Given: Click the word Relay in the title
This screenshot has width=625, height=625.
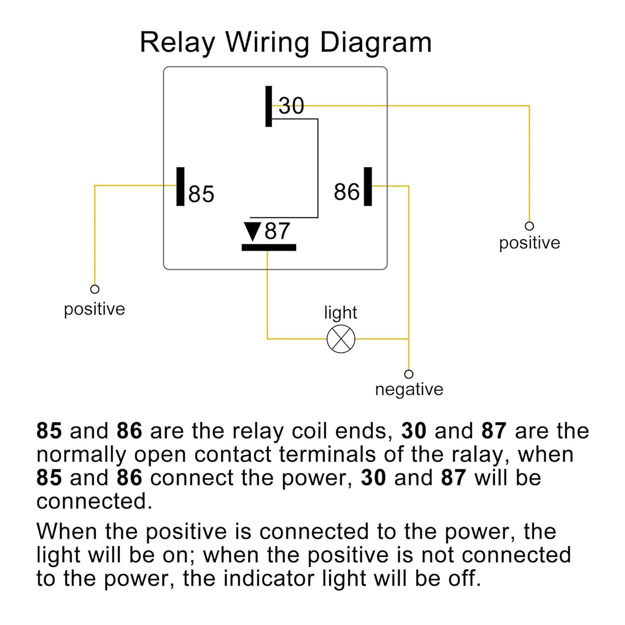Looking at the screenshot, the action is [178, 43].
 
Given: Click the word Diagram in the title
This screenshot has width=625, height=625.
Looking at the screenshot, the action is [376, 43].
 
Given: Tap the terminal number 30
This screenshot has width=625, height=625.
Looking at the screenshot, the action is [291, 106].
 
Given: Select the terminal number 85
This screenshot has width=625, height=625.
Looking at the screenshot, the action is [201, 194].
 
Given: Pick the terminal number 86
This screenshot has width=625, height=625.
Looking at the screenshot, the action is [346, 192].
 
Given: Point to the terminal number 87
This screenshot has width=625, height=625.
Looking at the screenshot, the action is [277, 231].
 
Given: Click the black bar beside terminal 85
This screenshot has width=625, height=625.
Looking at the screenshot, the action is [180, 186].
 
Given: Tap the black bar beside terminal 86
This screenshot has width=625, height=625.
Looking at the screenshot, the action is [368, 186].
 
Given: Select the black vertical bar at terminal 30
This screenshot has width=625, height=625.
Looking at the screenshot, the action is [269, 106].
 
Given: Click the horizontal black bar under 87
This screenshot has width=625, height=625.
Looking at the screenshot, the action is [269, 247].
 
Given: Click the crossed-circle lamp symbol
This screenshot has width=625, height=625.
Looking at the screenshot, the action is [341, 339].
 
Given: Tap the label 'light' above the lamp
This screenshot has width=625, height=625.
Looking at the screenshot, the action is [340, 313].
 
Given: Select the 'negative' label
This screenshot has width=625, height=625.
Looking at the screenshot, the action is [409, 389].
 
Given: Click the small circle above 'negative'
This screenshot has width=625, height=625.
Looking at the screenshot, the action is [409, 374].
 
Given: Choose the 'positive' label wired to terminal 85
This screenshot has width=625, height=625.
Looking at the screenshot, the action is [94, 309].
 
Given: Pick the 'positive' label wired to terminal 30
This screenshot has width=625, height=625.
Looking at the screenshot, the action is [529, 243].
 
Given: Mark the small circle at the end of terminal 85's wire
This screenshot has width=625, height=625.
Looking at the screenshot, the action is [95, 289].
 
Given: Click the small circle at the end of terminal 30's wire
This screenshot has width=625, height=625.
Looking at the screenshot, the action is [529, 226].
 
